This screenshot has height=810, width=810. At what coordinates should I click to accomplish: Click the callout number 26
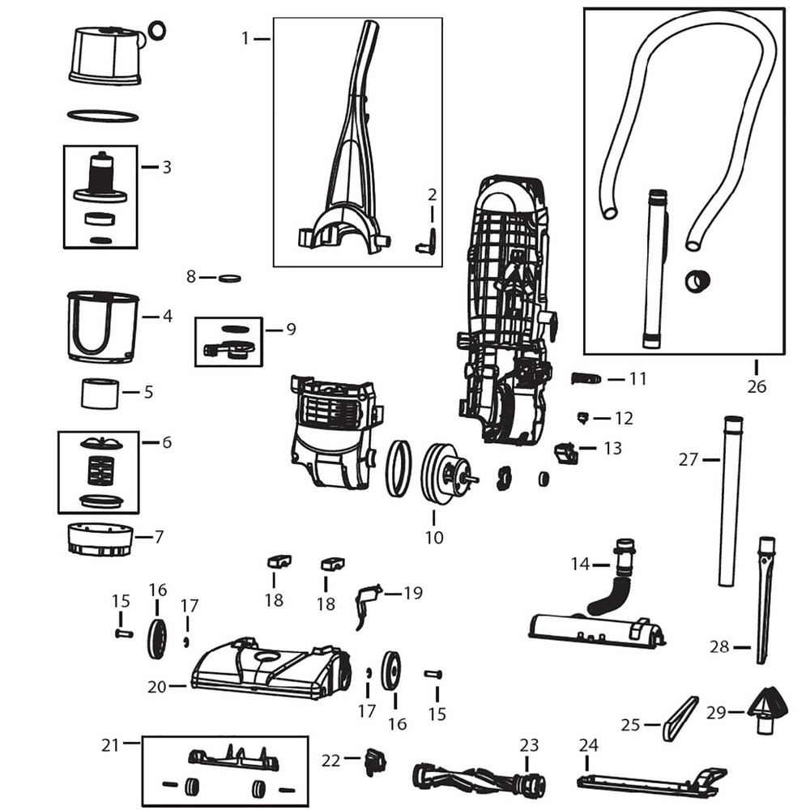coord(756,386)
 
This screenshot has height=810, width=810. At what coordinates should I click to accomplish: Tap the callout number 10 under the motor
coord(434,536)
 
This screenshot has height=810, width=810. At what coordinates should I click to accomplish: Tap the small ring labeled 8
coord(232,278)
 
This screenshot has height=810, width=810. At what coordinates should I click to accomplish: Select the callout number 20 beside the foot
coord(156,686)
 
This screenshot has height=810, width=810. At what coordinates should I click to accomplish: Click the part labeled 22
coord(374,761)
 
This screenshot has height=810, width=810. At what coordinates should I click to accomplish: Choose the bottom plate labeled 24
coord(648,781)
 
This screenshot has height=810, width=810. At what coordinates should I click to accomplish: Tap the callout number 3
coord(167,168)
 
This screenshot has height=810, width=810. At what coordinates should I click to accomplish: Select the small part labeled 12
coord(582,417)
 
